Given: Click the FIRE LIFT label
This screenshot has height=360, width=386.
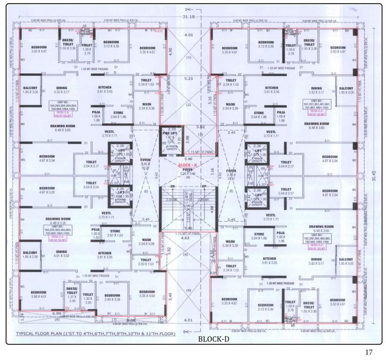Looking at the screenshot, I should [x=171, y=133].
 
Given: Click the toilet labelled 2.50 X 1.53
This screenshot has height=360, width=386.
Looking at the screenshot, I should [x=146, y=262].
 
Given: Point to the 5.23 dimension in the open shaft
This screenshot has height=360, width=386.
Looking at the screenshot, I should [x=189, y=79].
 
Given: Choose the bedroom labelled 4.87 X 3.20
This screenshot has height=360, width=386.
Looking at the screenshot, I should [x=40, y=190].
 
